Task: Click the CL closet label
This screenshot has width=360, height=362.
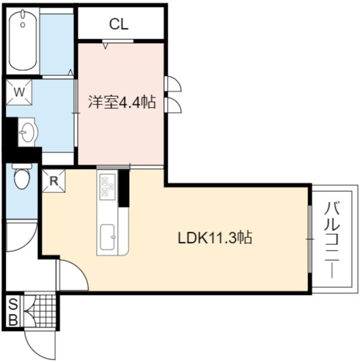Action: pos(118,24)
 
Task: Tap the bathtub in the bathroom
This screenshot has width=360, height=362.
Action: pos(23,40)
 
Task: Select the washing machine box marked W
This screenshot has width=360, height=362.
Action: pos(19,92)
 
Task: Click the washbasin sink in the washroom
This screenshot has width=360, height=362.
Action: pos(28,132)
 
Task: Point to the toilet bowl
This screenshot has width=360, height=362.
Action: pos(22,177)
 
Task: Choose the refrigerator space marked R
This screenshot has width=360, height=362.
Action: pos(54,181)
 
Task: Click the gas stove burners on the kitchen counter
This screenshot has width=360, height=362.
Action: pos(108,187)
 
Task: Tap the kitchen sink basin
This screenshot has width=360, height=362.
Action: pos(108,237)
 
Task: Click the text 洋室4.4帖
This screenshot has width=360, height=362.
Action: pos(122,102)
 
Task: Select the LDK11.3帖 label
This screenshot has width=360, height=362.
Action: pos(215,238)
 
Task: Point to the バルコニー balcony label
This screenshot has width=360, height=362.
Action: pos(332,240)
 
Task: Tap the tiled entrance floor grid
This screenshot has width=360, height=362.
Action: pos(40,311)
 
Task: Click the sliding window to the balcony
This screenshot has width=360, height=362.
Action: pos(310,239)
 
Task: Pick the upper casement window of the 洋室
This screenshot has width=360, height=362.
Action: pos(173,84)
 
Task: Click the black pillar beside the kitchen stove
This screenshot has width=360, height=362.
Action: pos(124,188)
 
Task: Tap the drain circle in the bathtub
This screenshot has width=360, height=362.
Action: pos(23,25)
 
